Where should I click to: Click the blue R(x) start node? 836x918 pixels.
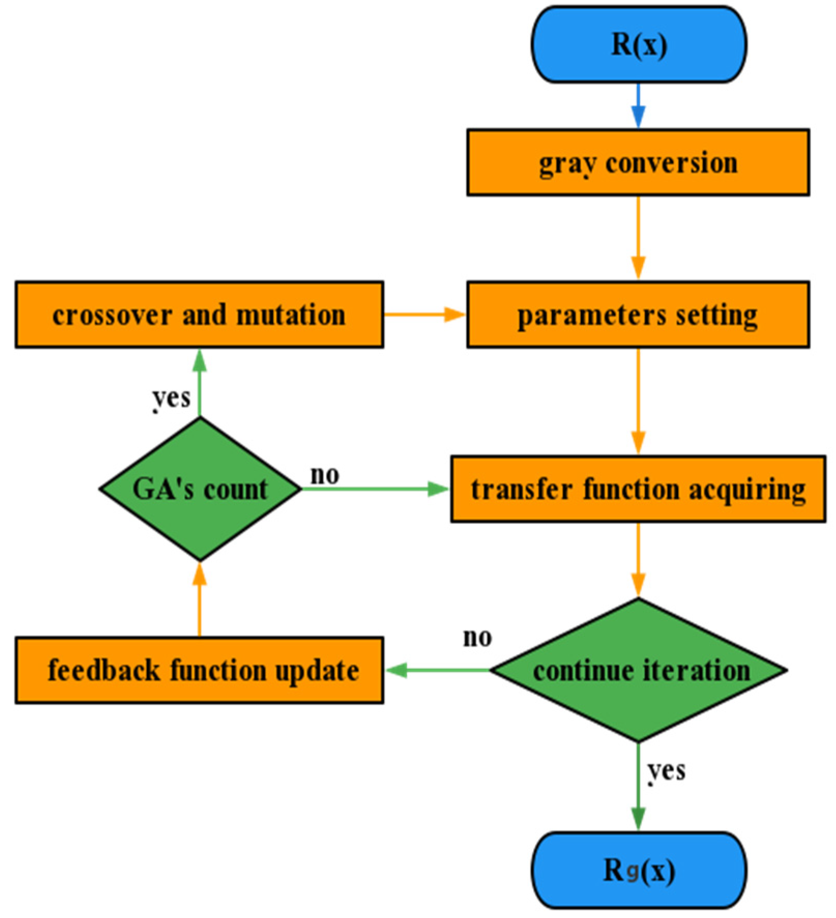[x=639, y=45]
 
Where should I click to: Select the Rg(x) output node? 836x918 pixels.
[x=639, y=870]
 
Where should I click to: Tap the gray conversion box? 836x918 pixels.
[x=638, y=163]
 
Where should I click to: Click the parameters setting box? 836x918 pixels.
[x=638, y=315]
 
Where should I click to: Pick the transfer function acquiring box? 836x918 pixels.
[x=638, y=489]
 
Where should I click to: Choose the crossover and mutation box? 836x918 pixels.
[x=199, y=315]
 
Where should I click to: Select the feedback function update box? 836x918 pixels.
[x=199, y=670]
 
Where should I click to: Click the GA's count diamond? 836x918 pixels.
[x=200, y=489]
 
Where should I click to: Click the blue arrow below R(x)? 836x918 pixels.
[x=639, y=106]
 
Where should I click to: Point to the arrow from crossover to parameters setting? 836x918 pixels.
[x=424, y=314]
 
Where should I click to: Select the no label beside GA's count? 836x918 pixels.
[x=325, y=475]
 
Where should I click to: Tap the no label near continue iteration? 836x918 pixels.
[x=477, y=638]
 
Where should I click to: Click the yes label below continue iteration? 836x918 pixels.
[x=667, y=771]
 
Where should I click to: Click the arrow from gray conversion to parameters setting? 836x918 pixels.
[x=638, y=238]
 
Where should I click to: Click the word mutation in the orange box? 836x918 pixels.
[x=291, y=315]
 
